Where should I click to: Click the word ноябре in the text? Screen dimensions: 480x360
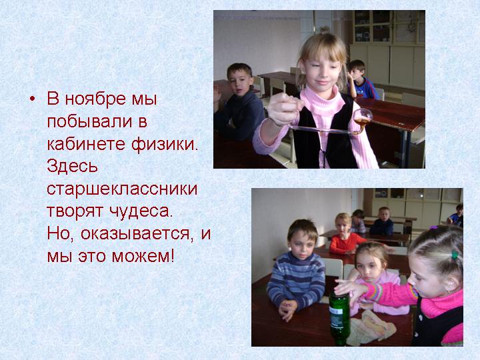click(x=95, y=99)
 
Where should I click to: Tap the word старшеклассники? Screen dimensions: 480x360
click(x=122, y=189)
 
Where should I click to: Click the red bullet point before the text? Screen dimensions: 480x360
click(x=33, y=99)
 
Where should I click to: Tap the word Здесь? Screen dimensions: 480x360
click(x=72, y=167)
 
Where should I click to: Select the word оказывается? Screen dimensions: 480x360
click(x=135, y=234)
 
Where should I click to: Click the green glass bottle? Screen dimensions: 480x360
click(x=339, y=318)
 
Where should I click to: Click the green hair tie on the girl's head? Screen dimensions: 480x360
click(x=455, y=255)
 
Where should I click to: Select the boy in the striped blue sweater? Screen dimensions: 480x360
click(x=296, y=269)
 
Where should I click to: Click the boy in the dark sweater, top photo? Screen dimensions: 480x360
click(x=238, y=103)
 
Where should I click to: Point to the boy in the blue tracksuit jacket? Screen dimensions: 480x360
click(x=361, y=79)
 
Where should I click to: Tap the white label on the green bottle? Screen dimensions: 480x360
click(x=336, y=317)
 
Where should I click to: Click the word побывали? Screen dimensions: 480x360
click(x=89, y=121)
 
